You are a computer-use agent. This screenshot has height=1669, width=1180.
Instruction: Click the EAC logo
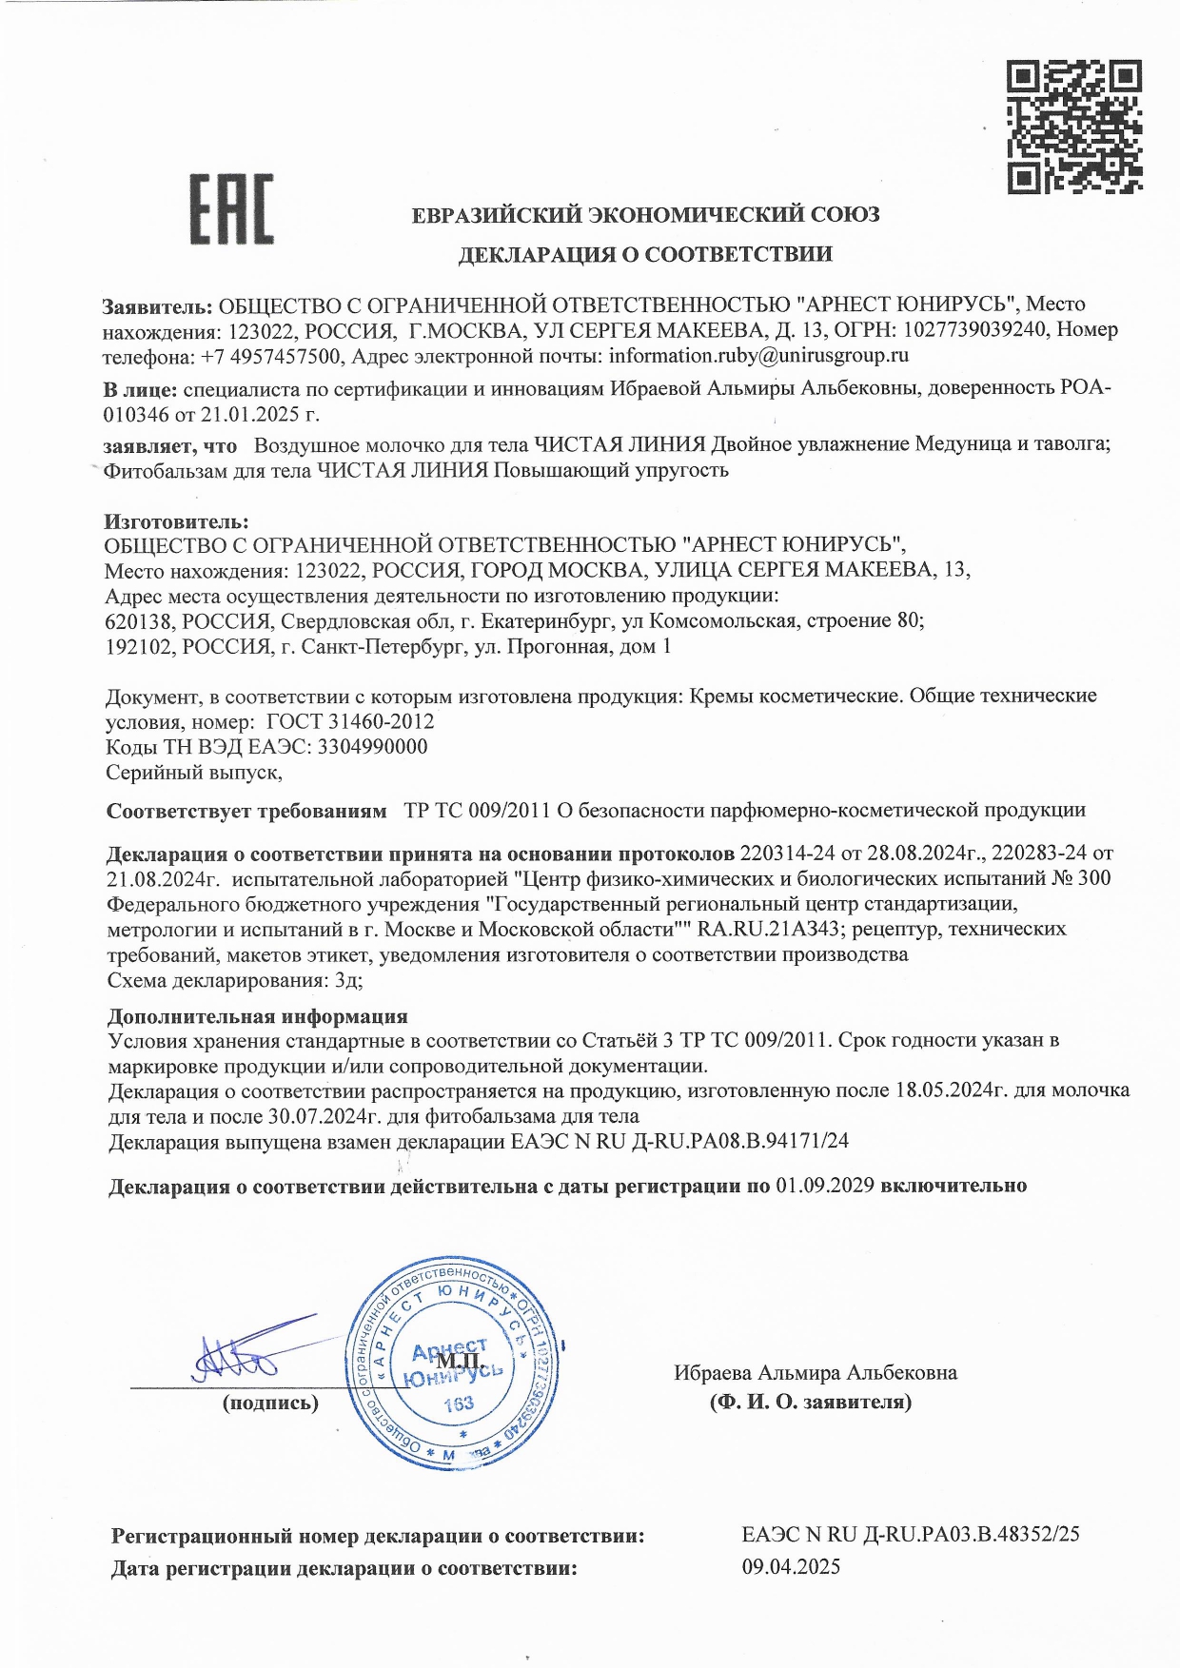(x=231, y=209)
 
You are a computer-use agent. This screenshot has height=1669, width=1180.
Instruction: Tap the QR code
(x=1074, y=127)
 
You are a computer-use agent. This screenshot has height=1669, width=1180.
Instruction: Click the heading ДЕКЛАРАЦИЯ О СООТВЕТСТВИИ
(x=644, y=254)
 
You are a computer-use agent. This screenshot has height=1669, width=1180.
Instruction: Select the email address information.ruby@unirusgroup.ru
(x=758, y=356)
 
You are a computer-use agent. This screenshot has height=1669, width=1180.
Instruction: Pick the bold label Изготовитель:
(x=176, y=521)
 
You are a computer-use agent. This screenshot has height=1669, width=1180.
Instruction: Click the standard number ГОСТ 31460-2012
(x=350, y=721)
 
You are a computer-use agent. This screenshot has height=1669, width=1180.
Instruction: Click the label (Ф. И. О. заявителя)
(x=810, y=1402)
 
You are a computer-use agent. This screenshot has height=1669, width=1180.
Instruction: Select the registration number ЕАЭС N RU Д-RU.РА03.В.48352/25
(x=910, y=1535)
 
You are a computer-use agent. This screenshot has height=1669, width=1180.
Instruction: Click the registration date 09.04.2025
(x=791, y=1567)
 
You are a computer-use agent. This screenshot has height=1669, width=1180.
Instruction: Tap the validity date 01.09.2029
(x=825, y=1187)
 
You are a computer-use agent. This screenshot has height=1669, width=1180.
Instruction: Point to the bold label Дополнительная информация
(x=257, y=1016)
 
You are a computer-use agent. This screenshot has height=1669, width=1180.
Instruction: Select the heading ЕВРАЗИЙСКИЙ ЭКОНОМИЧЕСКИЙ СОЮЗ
(x=645, y=215)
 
